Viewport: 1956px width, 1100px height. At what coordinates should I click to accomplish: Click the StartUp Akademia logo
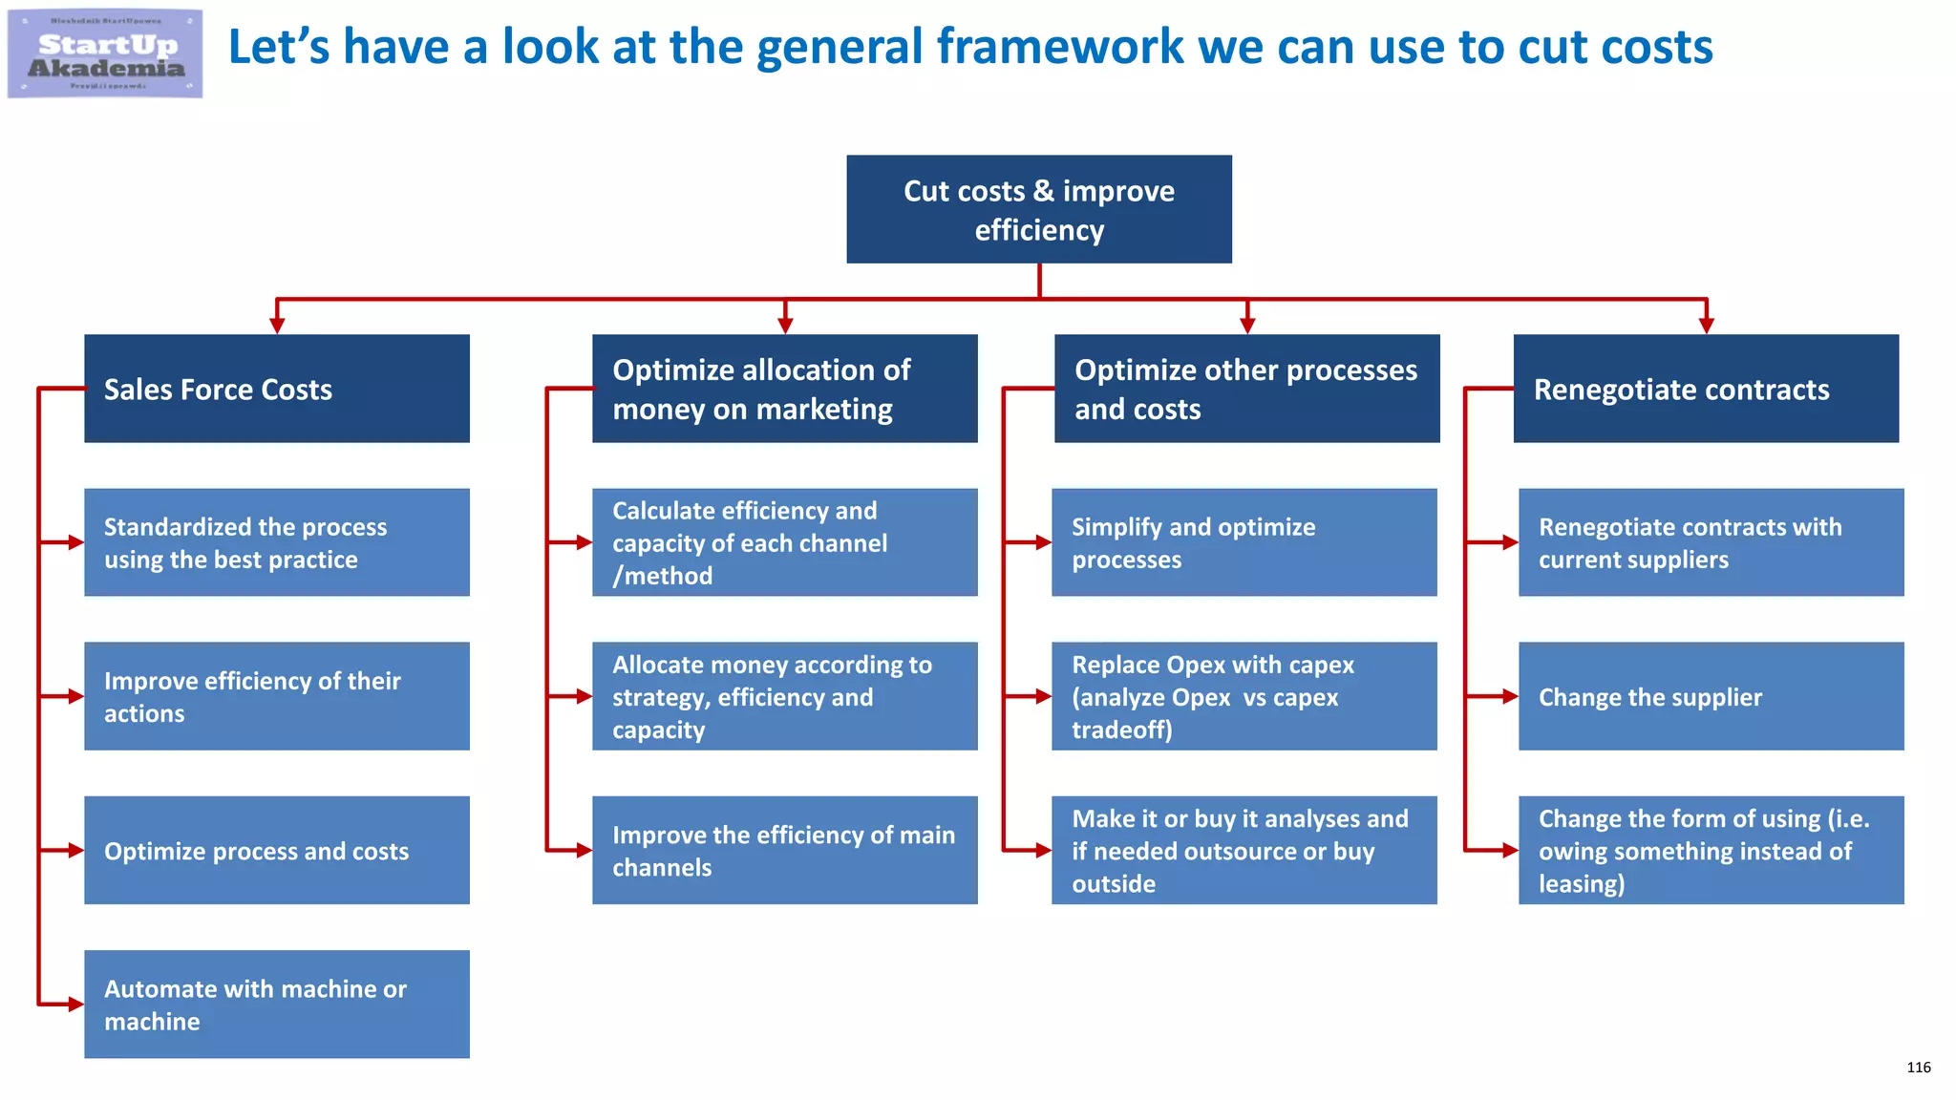tap(105, 53)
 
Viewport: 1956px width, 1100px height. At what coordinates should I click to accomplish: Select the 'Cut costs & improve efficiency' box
tap(1038, 209)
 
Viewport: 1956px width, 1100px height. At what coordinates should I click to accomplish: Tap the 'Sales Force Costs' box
tap(276, 389)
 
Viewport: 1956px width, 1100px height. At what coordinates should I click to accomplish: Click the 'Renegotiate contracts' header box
tap(1705, 389)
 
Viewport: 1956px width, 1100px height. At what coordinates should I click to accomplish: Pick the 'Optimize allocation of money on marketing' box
tap(784, 389)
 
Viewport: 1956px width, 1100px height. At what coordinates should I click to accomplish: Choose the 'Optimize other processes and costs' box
tap(1246, 389)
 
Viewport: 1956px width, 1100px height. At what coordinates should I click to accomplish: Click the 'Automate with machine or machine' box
tap(276, 1004)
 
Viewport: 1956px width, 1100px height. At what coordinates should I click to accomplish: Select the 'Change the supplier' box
tap(1711, 696)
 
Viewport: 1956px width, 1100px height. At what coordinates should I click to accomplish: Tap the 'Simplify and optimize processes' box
tap(1244, 542)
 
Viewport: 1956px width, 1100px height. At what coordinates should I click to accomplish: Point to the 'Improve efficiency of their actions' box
tap(276, 696)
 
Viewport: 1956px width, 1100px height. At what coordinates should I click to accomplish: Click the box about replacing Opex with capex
tap(1244, 696)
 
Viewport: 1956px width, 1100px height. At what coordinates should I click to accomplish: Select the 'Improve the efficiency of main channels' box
tap(784, 850)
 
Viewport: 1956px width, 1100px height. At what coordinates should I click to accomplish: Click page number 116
tap(1918, 1068)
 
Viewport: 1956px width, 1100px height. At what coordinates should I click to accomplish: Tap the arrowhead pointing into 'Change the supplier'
tap(1510, 696)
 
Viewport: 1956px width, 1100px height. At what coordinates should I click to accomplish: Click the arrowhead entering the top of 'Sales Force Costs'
tap(277, 326)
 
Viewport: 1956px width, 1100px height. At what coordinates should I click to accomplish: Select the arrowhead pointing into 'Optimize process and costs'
tap(75, 850)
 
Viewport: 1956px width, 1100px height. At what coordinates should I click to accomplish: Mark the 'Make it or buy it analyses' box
tap(1244, 850)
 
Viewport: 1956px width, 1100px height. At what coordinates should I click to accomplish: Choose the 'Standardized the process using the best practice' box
tap(276, 542)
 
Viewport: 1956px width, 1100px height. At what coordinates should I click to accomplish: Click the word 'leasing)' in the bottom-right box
tap(1581, 884)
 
